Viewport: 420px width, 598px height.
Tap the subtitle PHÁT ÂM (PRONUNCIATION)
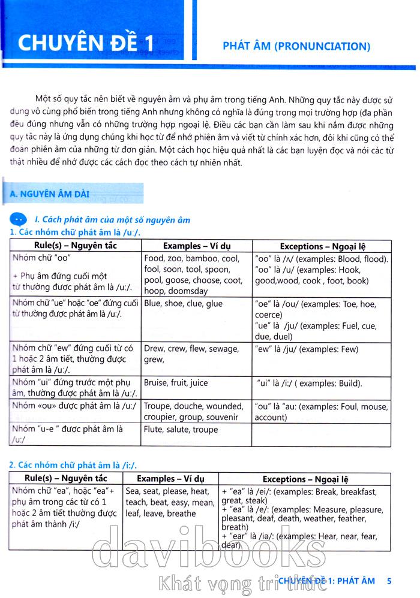(x=296, y=45)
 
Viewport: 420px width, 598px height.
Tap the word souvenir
(x=221, y=417)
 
